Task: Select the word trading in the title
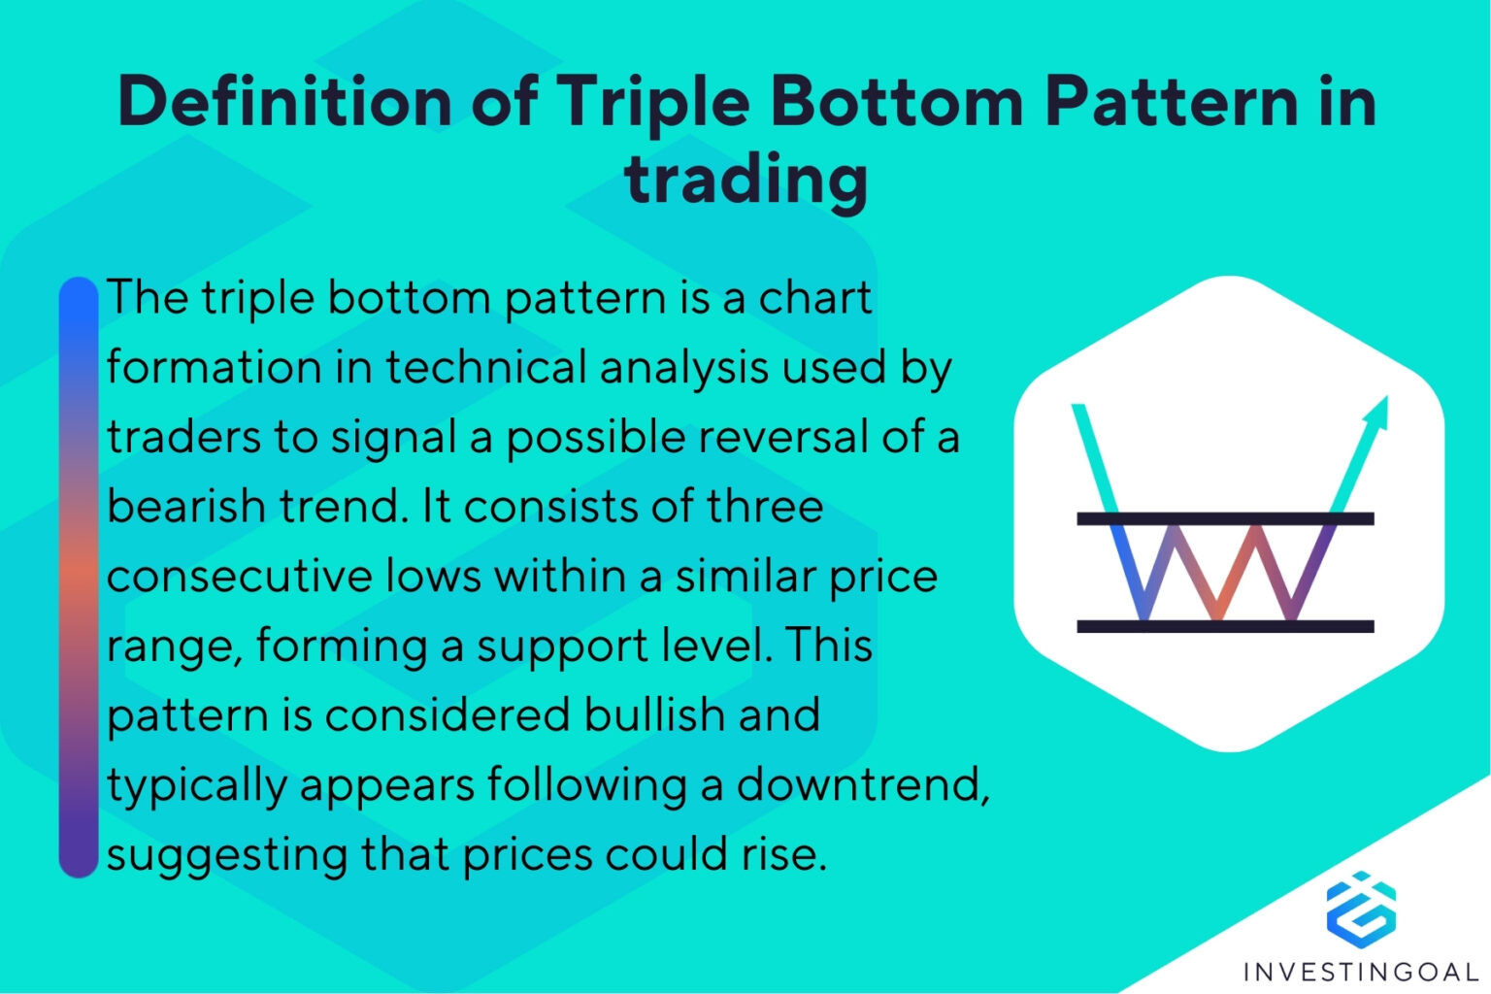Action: tap(745, 179)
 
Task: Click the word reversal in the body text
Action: tap(782, 437)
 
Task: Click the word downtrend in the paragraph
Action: tap(862, 784)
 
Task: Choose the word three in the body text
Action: tap(766, 507)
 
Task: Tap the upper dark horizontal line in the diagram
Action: tap(1225, 518)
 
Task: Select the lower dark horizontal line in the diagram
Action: tap(1225, 626)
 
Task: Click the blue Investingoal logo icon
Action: tap(1361, 909)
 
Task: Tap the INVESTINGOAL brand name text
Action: tap(1361, 971)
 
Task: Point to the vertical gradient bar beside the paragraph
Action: tap(79, 577)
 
